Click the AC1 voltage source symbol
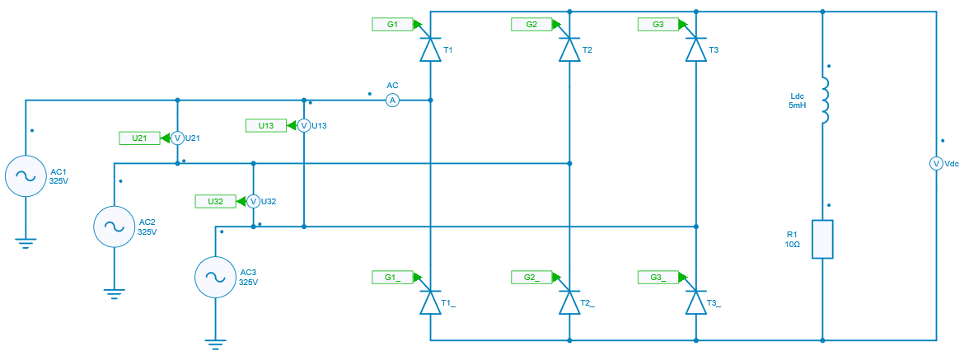(x=26, y=175)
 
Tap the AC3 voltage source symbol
(x=215, y=277)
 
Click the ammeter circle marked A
(x=393, y=101)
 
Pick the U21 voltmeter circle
(x=176, y=138)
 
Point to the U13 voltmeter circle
(x=303, y=125)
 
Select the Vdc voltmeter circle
(x=936, y=164)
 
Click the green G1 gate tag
(x=392, y=25)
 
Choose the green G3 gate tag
(x=657, y=25)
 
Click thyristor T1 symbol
(x=430, y=50)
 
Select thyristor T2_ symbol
(x=569, y=302)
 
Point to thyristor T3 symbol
(x=697, y=50)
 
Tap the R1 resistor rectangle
(x=823, y=239)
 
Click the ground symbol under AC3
(x=215, y=346)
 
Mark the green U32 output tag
(x=215, y=201)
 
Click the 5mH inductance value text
(x=796, y=106)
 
